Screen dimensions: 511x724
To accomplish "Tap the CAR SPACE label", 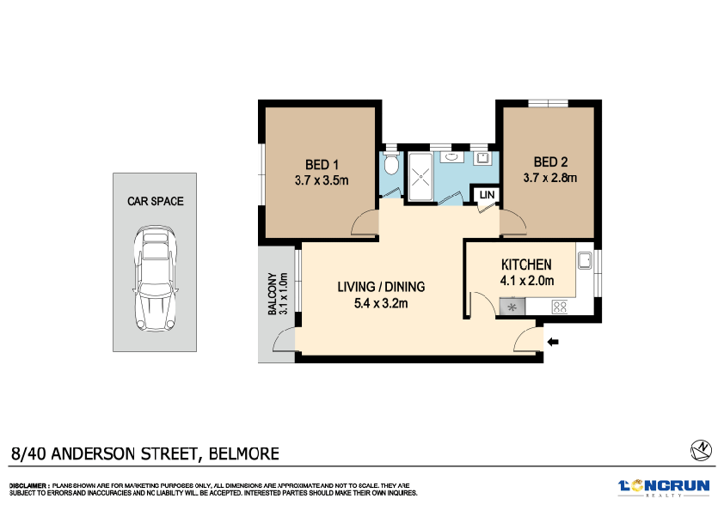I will click(x=156, y=201).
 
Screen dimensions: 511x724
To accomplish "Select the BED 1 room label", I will click(x=322, y=165).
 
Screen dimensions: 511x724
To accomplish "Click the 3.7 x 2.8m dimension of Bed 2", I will click(x=549, y=179).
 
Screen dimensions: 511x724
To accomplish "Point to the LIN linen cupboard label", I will click(x=487, y=196).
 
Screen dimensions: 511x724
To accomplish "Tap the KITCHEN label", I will click(x=525, y=265).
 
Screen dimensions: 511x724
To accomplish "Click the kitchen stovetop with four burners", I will click(x=559, y=306).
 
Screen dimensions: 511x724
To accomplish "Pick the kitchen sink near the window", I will click(x=586, y=259).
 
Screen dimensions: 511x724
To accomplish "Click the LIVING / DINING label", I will click(x=381, y=287).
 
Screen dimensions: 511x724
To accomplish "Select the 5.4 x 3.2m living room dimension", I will click(x=381, y=302).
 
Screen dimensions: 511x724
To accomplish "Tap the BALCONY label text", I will click(x=273, y=295).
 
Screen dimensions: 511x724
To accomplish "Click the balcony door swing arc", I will click(x=280, y=343).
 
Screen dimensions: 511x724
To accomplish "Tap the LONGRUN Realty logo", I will click(x=664, y=487).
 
